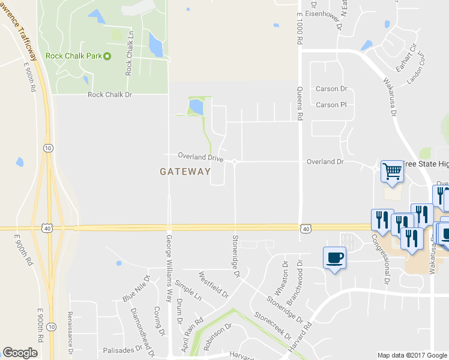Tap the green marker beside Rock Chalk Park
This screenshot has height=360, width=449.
[x=107, y=56]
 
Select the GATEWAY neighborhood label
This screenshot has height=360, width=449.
[x=185, y=172]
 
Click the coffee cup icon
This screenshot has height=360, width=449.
[x=334, y=258]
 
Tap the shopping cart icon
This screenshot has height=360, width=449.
[x=391, y=170]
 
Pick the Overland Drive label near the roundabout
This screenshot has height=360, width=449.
[x=200, y=157]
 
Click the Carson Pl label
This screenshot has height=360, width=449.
[x=331, y=105]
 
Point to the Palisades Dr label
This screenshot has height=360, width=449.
[x=124, y=350]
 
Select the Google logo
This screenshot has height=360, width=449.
[x=20, y=353]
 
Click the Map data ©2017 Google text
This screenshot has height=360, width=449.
[x=411, y=355]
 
